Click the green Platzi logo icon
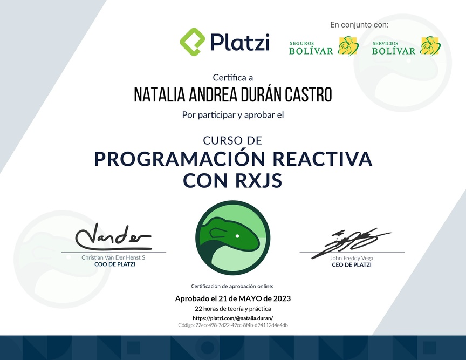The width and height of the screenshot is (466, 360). pyautogui.click(x=193, y=42)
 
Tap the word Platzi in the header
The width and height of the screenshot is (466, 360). pyautogui.click(x=240, y=42)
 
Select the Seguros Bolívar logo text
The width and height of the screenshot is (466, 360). pyautogui.click(x=311, y=48)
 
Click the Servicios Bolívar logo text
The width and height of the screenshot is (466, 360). pyautogui.click(x=394, y=48)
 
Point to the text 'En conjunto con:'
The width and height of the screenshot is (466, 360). pyautogui.click(x=359, y=25)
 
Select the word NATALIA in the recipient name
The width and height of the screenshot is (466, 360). pyautogui.click(x=160, y=94)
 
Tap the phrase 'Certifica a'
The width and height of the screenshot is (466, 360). pyautogui.click(x=232, y=78)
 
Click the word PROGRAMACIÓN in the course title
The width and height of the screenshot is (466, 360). pyautogui.click(x=180, y=159)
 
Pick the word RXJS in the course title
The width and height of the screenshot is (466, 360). pyautogui.click(x=258, y=180)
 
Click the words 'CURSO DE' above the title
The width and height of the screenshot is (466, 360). pyautogui.click(x=232, y=140)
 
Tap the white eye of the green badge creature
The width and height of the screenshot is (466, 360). pyautogui.click(x=237, y=236)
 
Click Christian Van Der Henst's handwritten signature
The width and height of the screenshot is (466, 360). pyautogui.click(x=113, y=237)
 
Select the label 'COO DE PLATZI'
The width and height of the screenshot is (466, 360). pyautogui.click(x=115, y=264)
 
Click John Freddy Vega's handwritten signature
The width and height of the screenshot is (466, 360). pyautogui.click(x=351, y=242)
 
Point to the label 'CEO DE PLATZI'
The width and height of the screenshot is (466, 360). pyautogui.click(x=352, y=265)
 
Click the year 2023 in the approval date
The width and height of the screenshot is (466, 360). pyautogui.click(x=282, y=298)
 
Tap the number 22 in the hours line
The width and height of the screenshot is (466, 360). pyautogui.click(x=198, y=309)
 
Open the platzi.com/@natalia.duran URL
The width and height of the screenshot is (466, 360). pyautogui.click(x=233, y=318)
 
